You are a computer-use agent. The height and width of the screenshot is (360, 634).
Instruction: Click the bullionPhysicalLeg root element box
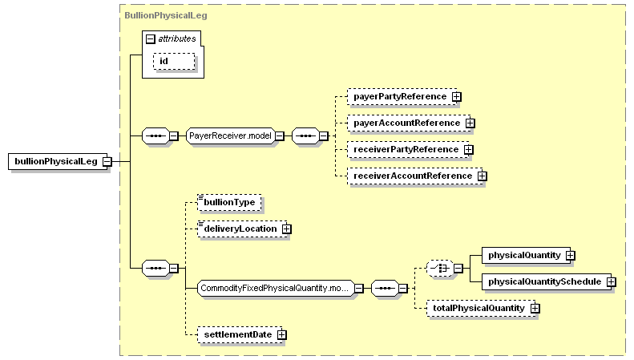(58, 161)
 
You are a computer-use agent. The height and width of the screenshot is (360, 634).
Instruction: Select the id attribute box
(174, 62)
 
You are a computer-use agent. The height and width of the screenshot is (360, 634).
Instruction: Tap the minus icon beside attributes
(151, 38)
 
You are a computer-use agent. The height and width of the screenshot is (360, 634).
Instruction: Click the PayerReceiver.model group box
(230, 136)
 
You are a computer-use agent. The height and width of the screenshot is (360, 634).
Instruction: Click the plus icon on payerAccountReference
(470, 123)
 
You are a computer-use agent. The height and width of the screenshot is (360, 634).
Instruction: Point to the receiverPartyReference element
(409, 150)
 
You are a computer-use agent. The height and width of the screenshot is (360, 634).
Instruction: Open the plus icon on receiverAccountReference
(482, 176)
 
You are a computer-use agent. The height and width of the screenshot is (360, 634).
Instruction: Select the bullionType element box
(229, 203)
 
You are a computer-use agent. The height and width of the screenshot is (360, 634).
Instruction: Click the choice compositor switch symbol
(440, 268)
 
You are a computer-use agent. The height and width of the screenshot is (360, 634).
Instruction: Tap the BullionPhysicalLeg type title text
(166, 15)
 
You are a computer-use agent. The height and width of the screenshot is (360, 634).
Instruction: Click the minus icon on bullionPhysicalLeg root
(107, 162)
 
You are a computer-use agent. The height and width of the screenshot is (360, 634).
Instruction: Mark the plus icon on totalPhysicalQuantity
(535, 308)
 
